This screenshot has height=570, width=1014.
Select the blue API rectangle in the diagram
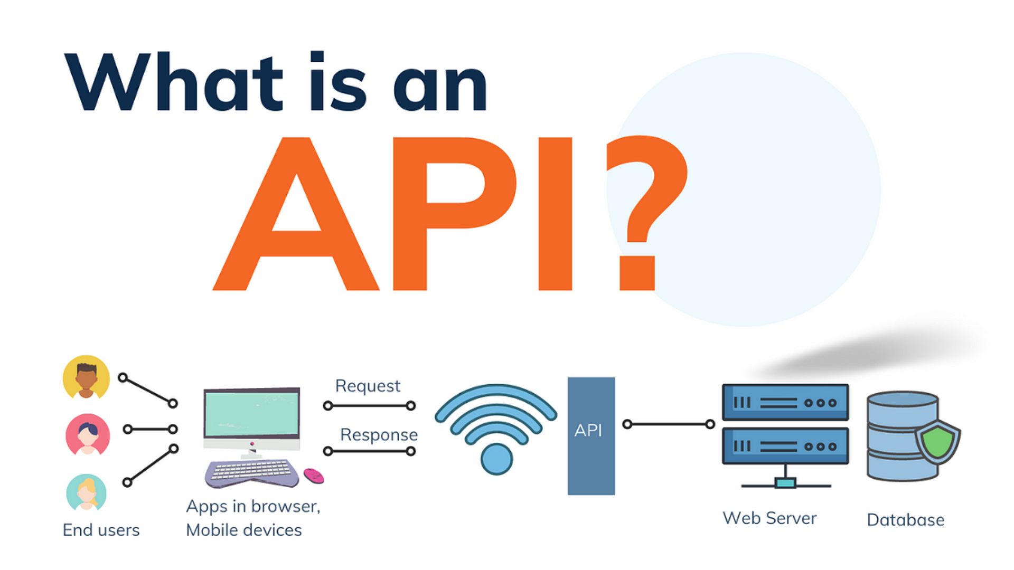(x=591, y=436)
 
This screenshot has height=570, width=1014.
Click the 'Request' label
(x=368, y=386)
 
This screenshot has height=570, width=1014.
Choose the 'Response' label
(x=379, y=435)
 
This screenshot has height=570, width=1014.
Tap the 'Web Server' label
(x=769, y=518)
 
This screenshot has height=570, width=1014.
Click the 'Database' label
(x=905, y=520)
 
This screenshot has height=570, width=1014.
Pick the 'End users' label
(x=101, y=530)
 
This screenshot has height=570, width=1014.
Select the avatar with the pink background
(x=88, y=434)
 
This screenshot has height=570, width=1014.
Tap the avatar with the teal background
(x=86, y=492)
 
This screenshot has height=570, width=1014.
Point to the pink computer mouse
(x=314, y=476)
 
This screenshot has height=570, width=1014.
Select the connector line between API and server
(x=669, y=424)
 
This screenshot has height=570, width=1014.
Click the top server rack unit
(x=785, y=403)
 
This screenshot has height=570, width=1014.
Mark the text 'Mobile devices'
(x=244, y=530)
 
